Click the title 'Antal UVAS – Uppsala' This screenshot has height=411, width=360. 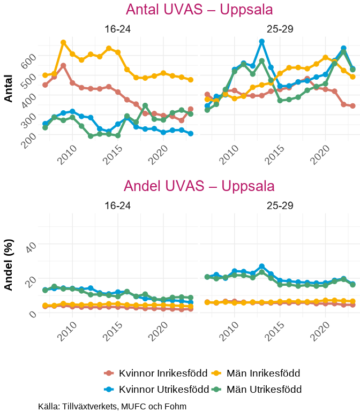199,10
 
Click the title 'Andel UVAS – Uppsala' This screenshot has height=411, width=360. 199,186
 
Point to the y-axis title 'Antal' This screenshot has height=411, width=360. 9,88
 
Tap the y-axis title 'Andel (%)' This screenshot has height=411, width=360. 9,264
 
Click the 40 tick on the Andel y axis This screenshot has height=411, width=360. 30,245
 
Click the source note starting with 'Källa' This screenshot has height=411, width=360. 112,406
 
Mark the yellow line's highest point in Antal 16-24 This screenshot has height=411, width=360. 63,42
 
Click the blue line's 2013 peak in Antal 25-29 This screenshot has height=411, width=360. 261,41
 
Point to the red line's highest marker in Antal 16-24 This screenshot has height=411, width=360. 63,66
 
